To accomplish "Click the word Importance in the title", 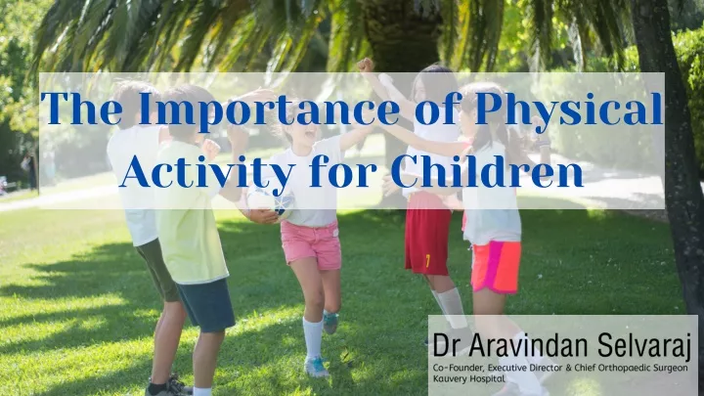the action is [268, 110].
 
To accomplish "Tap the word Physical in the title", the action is [569, 110].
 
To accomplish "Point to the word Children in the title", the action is [487, 170].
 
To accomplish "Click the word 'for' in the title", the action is [342, 170].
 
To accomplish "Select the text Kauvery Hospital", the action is [468, 378].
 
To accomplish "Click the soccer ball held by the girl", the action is [270, 204].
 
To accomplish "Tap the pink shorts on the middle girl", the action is [310, 244].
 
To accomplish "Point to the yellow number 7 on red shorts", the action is [428, 261].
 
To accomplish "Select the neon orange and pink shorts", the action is [496, 267].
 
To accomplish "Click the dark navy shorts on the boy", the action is [205, 305].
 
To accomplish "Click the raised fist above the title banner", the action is [366, 66].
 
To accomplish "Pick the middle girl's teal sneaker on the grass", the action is [316, 367].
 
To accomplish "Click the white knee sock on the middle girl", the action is [313, 337].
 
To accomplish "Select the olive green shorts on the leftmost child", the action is [158, 270].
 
